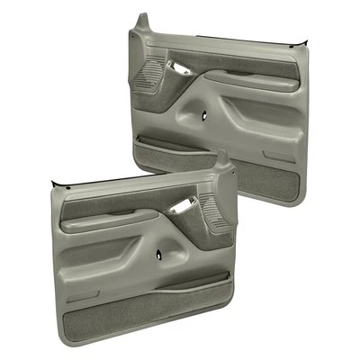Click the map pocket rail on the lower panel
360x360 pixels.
point(171,284)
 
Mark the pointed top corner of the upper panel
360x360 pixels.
point(141,18)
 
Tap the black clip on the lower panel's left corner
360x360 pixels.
point(56,184)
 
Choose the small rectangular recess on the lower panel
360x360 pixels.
point(84,294)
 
